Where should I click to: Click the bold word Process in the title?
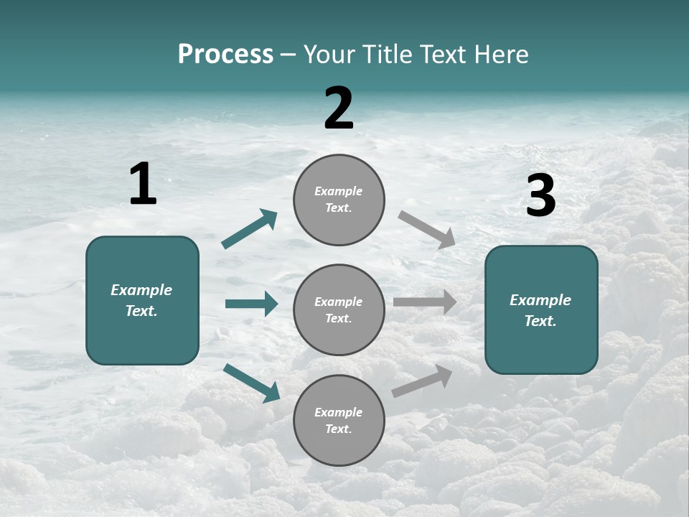coord(225,55)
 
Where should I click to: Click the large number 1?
coord(143,184)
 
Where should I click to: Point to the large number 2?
coord(339,109)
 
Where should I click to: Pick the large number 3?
coord(540,196)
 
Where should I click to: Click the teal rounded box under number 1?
coord(142,337)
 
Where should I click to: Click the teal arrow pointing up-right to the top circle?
coord(250,229)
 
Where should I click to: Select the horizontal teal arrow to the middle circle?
coord(251,304)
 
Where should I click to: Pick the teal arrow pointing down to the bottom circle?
coord(252,383)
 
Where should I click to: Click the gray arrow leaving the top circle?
coord(427,229)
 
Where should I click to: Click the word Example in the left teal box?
coord(141,290)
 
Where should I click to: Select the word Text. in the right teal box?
coord(540,321)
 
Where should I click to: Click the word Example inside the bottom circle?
coord(339,412)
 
